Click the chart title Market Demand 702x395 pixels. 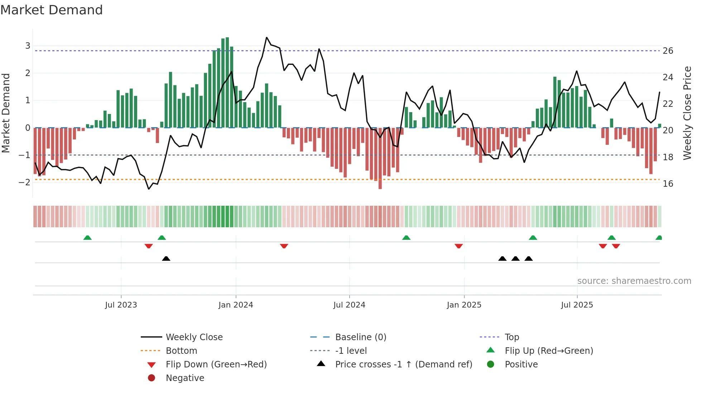tap(52, 10)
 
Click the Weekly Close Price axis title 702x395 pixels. tap(687, 113)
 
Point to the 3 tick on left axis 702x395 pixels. tap(28, 46)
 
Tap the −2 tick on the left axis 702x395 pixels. tap(24, 182)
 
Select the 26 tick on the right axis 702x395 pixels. tap(668, 51)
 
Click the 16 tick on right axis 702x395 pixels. tap(668, 184)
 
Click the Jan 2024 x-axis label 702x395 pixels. tap(236, 305)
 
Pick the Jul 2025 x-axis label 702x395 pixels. tap(577, 305)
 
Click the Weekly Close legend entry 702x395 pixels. tap(194, 337)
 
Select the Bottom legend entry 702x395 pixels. tap(181, 351)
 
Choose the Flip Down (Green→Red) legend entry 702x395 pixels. tap(216, 365)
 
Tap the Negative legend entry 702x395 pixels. tap(185, 378)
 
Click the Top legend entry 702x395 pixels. tap(511, 337)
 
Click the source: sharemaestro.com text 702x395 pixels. tap(634, 281)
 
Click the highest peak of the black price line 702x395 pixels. tap(266, 37)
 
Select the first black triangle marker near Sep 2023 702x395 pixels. tap(166, 258)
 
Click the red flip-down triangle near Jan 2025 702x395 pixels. tap(458, 246)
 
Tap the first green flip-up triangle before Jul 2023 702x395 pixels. tap(87, 238)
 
